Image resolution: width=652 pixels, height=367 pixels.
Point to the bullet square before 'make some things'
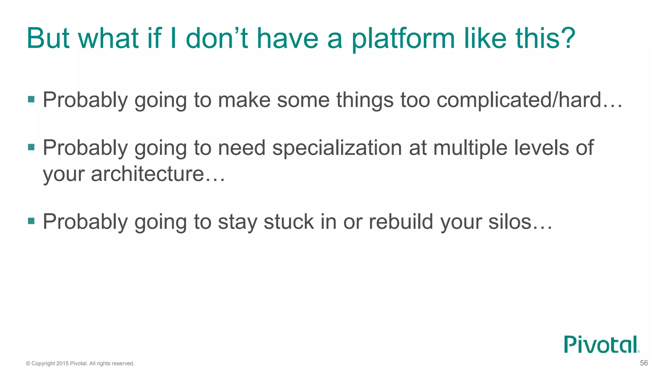click(x=31, y=99)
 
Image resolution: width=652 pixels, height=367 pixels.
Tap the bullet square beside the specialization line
click(x=31, y=147)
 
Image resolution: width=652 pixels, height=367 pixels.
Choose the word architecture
click(x=147, y=174)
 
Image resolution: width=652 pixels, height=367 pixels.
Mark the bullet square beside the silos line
click(x=31, y=221)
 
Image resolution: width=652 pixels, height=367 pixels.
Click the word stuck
click(x=289, y=222)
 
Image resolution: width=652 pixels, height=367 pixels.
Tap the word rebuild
click(x=401, y=222)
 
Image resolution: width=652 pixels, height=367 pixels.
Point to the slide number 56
click(x=644, y=363)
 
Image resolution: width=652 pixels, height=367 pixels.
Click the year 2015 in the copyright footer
click(x=62, y=363)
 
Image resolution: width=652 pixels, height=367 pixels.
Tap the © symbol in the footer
click(x=28, y=363)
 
